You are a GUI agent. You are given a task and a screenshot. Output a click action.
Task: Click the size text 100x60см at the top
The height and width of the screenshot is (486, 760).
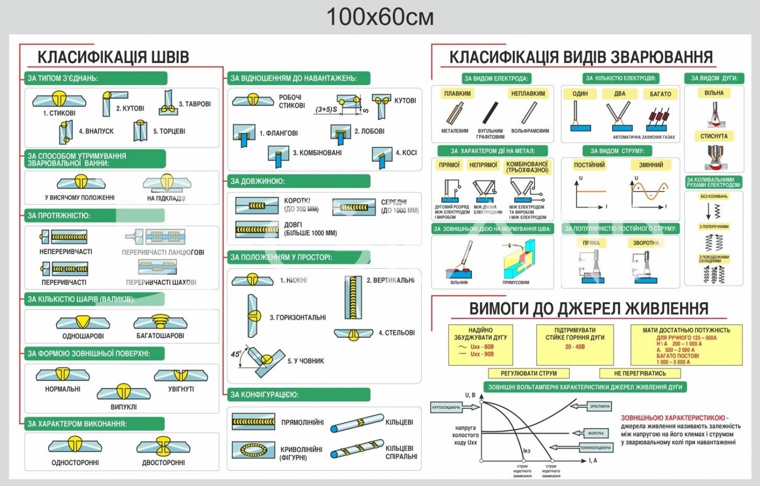pyautogui.click(x=380, y=17)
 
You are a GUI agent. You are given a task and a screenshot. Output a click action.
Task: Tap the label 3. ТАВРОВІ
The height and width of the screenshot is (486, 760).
pyautogui.click(x=195, y=104)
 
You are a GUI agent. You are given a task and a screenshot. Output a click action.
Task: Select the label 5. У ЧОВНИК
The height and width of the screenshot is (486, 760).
pyautogui.click(x=306, y=361)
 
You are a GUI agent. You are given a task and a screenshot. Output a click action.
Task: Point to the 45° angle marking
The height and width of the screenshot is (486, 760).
pyautogui.click(x=236, y=354)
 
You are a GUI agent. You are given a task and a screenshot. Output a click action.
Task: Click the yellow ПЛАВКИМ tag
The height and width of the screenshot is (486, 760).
pyautogui.click(x=457, y=93)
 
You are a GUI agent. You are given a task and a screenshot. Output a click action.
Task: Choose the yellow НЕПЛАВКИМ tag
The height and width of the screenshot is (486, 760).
pyautogui.click(x=528, y=93)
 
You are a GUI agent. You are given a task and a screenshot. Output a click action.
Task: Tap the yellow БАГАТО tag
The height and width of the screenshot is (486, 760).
pyautogui.click(x=660, y=94)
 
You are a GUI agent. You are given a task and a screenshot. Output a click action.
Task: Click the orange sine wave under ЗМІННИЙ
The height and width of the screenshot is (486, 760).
pyautogui.click(x=651, y=191)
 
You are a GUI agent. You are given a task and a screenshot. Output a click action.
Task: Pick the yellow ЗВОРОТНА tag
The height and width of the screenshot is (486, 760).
pyautogui.click(x=646, y=243)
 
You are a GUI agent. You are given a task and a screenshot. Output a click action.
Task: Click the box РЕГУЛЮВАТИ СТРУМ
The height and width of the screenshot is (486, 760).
pyautogui.click(x=528, y=373)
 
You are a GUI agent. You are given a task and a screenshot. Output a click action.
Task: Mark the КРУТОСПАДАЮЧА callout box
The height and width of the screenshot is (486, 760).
pyautogui.click(x=446, y=407)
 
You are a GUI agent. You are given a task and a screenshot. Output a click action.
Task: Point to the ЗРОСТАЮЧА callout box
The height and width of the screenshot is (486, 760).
pyautogui.click(x=599, y=406)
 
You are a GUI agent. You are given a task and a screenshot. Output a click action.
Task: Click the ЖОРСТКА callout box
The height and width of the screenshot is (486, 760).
pyautogui.click(x=596, y=433)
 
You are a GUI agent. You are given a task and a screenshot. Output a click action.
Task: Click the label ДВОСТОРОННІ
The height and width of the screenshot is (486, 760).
pyautogui.click(x=163, y=463)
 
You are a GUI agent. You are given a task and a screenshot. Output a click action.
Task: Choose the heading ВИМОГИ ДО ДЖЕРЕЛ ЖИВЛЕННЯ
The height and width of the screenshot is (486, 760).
pyautogui.click(x=588, y=309)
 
